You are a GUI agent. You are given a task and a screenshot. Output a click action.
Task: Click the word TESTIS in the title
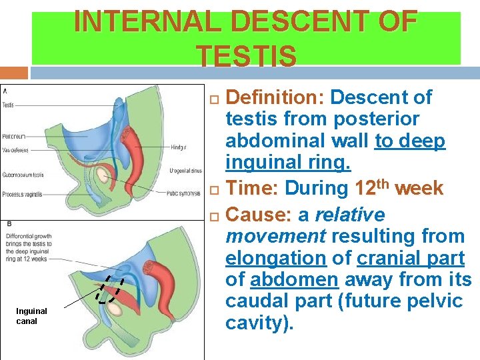click(x=247, y=57)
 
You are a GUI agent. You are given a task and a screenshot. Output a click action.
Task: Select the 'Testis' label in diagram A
click(x=8, y=105)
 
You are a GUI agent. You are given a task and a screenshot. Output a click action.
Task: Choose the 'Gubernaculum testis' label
click(x=23, y=175)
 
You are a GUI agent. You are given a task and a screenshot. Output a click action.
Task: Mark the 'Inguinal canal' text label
click(x=31, y=316)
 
